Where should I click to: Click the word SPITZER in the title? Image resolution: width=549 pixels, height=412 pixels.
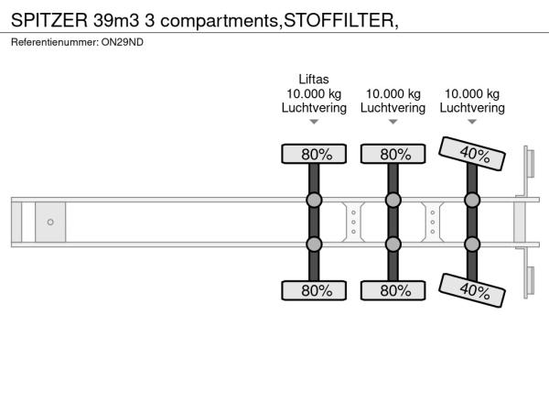click(49, 20)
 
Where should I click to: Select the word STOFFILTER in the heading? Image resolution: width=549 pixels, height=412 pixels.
click(339, 20)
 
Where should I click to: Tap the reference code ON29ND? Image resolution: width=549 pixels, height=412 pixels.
click(123, 42)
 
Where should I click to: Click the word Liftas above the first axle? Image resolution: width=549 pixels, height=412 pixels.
click(314, 79)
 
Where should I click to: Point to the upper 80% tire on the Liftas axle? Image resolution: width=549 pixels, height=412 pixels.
click(314, 154)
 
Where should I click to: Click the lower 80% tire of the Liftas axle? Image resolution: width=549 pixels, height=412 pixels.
click(314, 290)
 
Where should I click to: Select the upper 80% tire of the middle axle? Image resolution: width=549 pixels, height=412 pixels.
click(393, 154)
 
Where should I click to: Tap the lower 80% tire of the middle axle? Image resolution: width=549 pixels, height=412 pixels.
click(393, 290)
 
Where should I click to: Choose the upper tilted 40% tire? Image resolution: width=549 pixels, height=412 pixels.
click(472, 154)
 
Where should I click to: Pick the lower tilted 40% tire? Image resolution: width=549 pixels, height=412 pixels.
click(472, 290)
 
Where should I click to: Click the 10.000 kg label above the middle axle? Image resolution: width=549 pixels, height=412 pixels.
click(393, 94)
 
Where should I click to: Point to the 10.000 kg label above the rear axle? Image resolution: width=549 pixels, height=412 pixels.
click(472, 94)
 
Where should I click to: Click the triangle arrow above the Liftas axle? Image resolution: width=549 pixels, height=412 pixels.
click(314, 122)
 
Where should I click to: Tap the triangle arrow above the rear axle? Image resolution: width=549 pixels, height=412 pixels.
click(472, 122)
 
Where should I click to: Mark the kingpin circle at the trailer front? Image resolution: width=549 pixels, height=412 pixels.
click(50, 222)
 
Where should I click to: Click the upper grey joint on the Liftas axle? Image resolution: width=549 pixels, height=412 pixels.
click(314, 200)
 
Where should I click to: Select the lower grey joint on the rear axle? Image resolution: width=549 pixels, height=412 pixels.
click(472, 244)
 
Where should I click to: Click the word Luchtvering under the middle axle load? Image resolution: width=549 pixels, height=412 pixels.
click(393, 108)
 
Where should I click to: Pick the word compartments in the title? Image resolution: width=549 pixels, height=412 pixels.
click(220, 21)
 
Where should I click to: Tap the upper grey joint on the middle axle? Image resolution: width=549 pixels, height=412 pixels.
click(393, 200)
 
